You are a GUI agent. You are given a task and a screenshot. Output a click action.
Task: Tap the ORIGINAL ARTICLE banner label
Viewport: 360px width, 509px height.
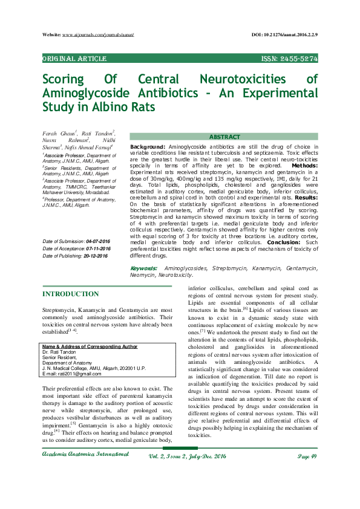tap(74, 59)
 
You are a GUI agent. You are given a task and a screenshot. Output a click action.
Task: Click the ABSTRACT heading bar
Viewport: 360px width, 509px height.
tap(224, 137)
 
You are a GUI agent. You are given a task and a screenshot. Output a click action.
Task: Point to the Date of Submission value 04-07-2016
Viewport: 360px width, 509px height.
tap(93, 242)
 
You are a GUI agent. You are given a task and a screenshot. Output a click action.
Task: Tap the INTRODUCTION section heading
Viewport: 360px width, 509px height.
tap(70, 294)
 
